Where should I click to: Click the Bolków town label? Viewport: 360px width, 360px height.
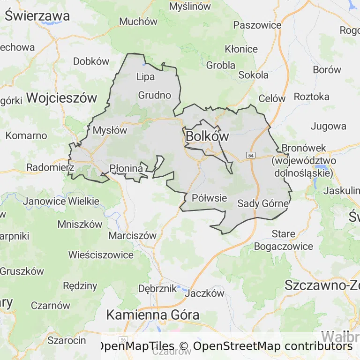pos(207,136)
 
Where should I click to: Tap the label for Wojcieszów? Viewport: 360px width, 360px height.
pos(61,98)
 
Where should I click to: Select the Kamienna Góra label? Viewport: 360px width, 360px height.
pos(152,315)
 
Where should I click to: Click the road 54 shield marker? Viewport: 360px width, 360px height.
pos(251,155)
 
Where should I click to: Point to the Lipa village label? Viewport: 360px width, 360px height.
pos(145,77)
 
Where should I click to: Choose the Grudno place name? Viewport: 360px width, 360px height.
pos(154,95)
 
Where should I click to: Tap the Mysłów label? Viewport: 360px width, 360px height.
pos(110,130)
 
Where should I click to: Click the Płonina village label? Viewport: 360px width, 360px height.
pos(126,168)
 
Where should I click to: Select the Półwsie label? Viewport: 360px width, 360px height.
pos(209,198)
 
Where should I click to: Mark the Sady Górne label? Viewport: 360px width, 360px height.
pos(263,203)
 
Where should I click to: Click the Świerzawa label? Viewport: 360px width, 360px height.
pos(37,16)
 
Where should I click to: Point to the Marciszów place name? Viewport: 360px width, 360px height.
pos(132,235)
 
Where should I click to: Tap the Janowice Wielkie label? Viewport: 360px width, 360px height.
pos(61,202)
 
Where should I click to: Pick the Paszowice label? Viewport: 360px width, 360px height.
pos(257,25)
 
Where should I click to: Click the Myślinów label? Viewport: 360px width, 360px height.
pos(190,7)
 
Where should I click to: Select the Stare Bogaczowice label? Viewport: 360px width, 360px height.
pos(284,240)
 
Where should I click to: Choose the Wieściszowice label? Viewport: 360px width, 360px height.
pos(101,255)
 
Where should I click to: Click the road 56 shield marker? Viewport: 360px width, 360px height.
pos(123,339)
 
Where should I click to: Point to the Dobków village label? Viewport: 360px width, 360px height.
pos(91,61)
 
